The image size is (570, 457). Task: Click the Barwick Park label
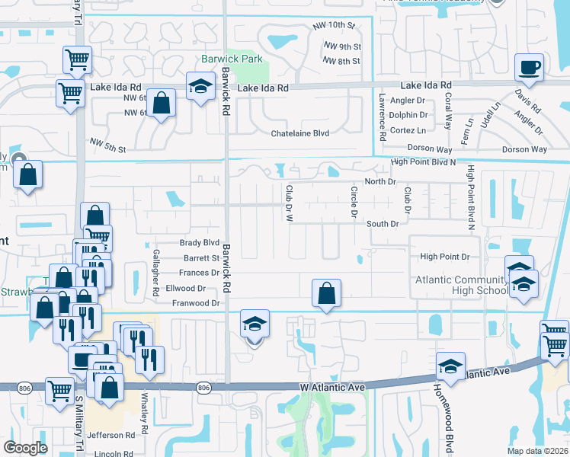(231, 59)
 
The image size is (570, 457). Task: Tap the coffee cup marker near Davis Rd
(529, 67)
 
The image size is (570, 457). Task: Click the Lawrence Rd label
(382, 117)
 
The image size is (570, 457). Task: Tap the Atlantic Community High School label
(461, 285)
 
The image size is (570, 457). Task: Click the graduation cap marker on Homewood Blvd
(450, 366)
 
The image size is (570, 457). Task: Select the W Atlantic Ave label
(333, 388)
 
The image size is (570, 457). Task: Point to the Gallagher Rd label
(155, 271)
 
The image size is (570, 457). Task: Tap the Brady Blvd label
(200, 243)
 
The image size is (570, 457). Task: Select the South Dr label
(383, 224)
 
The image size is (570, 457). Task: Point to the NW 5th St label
(106, 142)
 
